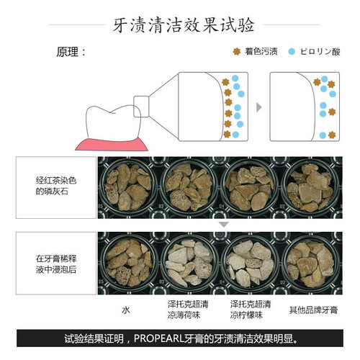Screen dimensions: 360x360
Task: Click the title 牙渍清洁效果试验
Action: tap(184, 25)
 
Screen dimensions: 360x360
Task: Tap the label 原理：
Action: tap(71, 52)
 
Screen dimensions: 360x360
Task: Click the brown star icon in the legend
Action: tap(237, 51)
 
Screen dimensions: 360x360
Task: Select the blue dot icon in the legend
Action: tap(292, 51)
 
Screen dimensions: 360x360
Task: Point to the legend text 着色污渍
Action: tap(261, 51)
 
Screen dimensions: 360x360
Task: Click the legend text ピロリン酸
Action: tap(320, 52)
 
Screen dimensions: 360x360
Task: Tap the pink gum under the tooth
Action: tap(112, 145)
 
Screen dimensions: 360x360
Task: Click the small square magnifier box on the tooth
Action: tap(141, 107)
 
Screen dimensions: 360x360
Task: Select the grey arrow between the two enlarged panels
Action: tap(258, 107)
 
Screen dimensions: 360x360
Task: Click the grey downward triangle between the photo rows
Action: tap(224, 225)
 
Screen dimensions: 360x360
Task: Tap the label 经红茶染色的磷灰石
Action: tap(56, 186)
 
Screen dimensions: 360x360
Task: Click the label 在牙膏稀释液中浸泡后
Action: tap(56, 264)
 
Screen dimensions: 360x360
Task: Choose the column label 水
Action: tap(126, 310)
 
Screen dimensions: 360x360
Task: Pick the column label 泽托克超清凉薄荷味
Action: tap(188, 310)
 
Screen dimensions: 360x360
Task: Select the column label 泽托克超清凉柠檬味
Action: tap(251, 310)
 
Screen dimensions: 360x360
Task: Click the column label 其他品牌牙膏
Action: tap(313, 310)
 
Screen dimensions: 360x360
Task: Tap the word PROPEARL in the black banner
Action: tap(158, 338)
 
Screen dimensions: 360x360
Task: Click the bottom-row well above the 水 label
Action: tap(129, 263)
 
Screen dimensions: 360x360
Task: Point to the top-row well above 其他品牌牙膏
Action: tap(311, 186)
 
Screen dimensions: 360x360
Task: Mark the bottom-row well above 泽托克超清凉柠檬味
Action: tap(250, 263)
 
